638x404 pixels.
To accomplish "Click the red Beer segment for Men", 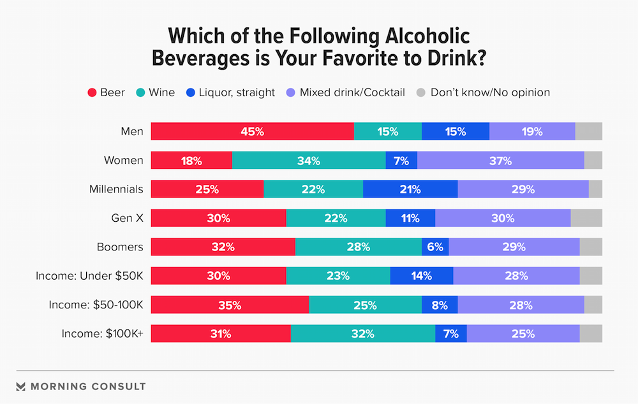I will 252,131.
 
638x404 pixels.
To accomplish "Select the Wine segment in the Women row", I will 309,161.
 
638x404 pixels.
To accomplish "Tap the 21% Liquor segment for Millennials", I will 410,189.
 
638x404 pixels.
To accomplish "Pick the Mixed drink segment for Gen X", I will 503,218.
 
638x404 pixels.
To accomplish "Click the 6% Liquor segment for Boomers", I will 435,247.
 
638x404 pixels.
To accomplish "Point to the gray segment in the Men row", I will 588,131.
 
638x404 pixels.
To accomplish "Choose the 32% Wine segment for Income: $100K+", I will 362,333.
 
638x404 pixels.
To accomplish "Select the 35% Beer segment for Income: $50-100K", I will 230,305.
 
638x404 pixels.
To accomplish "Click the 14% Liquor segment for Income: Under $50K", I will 422,276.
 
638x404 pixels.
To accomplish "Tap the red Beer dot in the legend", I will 92,92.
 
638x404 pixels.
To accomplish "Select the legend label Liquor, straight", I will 235,92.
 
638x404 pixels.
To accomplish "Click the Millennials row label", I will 116,189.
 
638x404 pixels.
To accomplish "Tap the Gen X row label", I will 128,218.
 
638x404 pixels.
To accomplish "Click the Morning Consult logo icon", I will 20,386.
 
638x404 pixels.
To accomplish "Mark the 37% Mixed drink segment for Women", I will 500,161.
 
